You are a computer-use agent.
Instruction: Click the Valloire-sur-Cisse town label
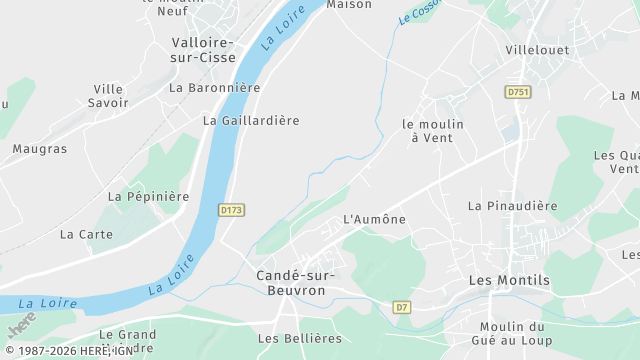[202, 50]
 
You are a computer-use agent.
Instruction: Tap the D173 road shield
[231, 210]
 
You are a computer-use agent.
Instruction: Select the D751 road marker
[517, 92]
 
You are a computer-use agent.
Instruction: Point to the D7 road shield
[402, 307]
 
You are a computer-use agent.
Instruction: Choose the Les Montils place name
[509, 280]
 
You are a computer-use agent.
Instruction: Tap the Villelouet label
[537, 49]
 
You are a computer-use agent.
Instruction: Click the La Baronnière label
[214, 88]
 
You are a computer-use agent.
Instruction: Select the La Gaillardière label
[251, 120]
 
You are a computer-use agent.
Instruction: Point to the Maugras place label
[40, 149]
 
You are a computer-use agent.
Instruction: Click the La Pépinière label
[148, 197]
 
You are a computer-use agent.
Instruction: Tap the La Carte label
[86, 234]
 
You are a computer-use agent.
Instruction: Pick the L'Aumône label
[375, 219]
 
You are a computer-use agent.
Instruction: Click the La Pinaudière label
[512, 206]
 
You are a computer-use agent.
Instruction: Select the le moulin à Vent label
[433, 131]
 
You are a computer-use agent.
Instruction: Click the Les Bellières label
[299, 338]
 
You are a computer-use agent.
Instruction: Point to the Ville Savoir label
[108, 96]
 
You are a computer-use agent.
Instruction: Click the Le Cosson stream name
[419, 13]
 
